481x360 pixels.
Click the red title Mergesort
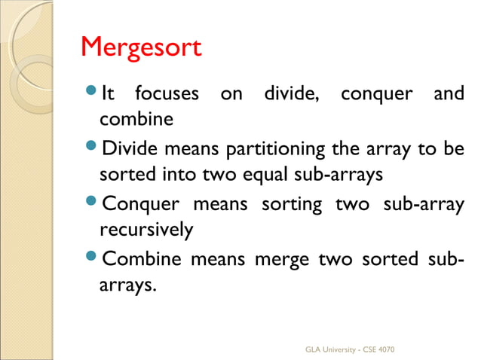point(141,48)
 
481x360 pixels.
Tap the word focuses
point(167,95)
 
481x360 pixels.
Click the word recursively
point(146,229)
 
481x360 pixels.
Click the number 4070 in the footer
point(384,350)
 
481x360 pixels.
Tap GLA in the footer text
point(312,350)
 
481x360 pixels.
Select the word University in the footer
point(340,350)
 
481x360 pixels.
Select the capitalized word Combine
point(142,259)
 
